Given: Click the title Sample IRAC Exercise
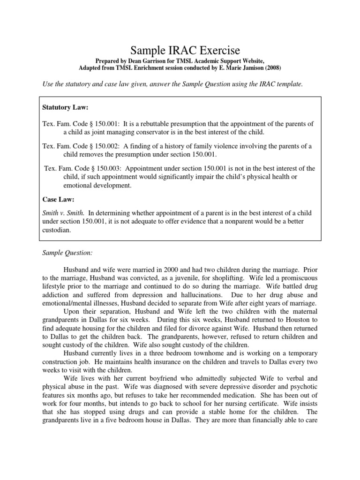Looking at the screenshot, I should pos(180,50).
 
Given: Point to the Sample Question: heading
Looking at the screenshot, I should pos(67,253).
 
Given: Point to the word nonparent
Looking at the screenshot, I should pos(242,222).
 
